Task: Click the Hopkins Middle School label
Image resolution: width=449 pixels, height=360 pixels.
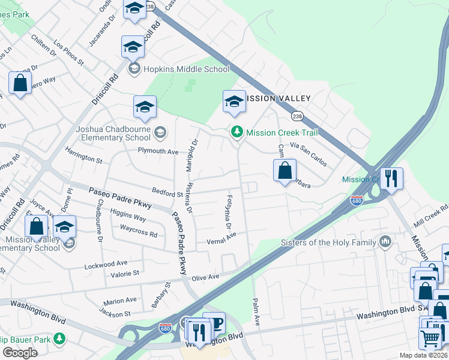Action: click(x=187, y=69)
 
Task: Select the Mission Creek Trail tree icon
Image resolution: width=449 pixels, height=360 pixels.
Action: click(x=238, y=132)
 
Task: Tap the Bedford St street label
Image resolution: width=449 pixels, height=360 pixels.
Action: click(x=167, y=194)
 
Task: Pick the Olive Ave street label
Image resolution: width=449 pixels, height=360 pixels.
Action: click(x=205, y=277)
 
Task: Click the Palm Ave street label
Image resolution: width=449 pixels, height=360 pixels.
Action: click(x=256, y=311)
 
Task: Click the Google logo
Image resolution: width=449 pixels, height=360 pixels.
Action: click(x=20, y=353)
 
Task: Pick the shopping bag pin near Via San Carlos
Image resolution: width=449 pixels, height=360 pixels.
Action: click(x=285, y=170)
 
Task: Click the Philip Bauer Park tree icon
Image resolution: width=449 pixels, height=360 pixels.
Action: click(x=59, y=338)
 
